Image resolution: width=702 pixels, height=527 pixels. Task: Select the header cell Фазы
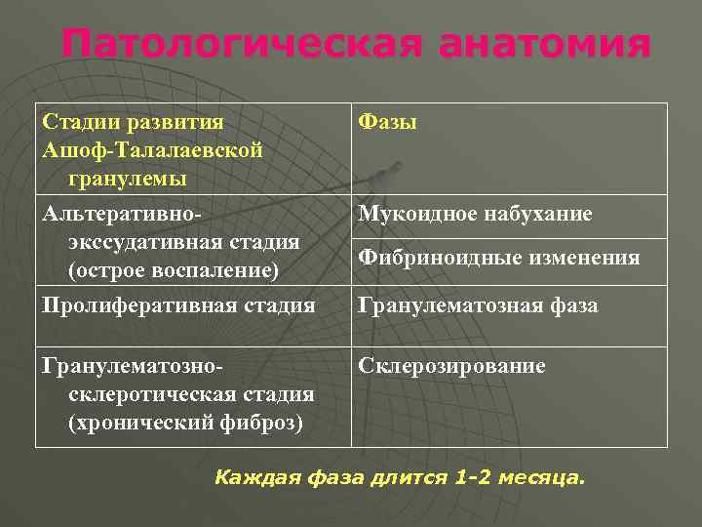tap(388, 122)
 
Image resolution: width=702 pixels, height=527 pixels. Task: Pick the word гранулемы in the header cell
tap(128, 180)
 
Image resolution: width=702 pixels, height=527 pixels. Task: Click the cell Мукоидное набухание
tap(475, 214)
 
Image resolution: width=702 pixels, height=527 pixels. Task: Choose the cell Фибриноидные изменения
tap(499, 258)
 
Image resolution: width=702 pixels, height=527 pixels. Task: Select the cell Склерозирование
tap(452, 366)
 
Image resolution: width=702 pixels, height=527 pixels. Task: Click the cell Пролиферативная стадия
tap(178, 306)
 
